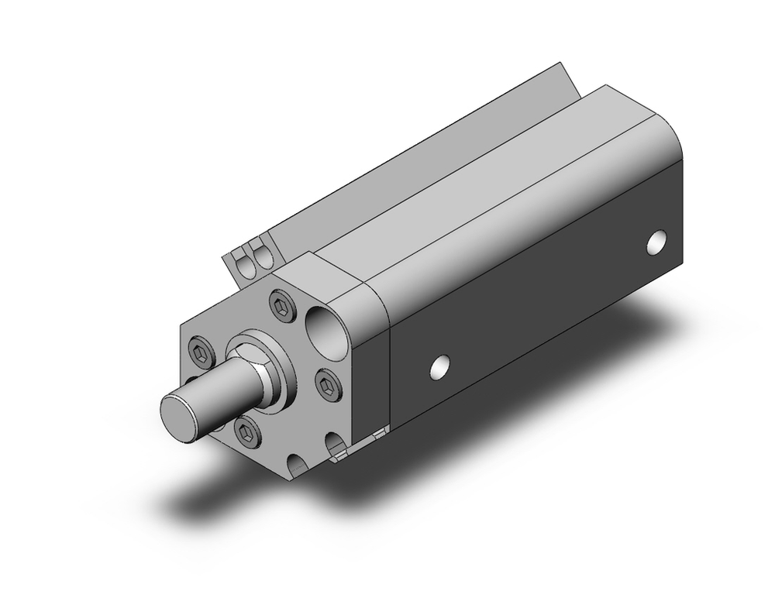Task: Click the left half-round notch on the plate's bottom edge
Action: [x=297, y=467]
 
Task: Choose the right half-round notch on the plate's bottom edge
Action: [x=336, y=445]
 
